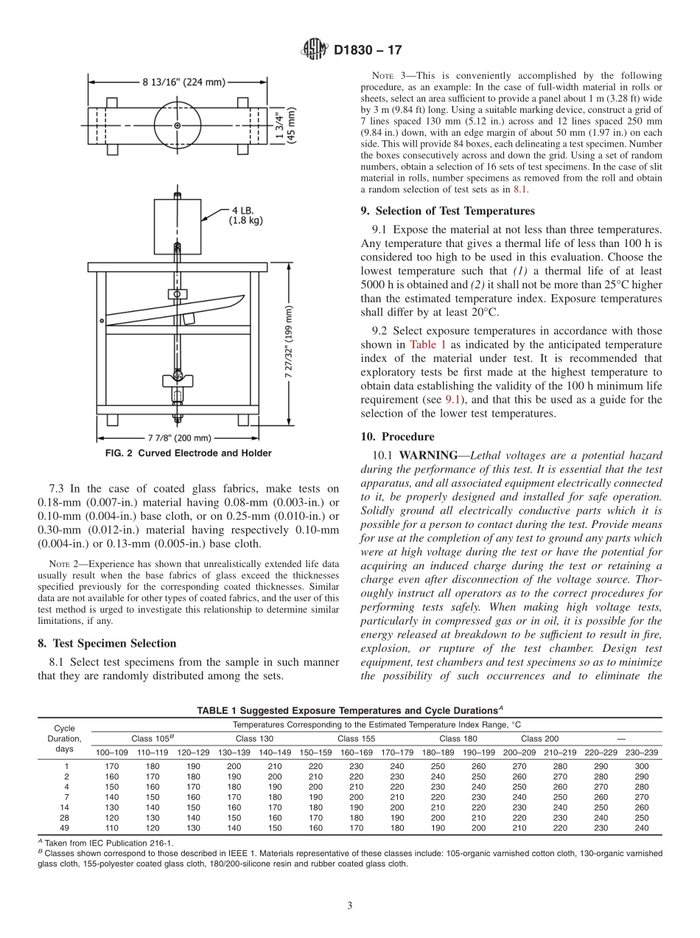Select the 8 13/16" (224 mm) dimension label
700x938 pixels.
[183, 83]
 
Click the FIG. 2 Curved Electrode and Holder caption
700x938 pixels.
[187, 454]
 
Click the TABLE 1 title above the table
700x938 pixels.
[349, 711]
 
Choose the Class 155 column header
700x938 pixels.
[357, 739]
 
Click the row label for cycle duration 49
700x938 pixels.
[66, 828]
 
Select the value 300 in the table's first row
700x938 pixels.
[641, 766]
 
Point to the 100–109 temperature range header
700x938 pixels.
[111, 752]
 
